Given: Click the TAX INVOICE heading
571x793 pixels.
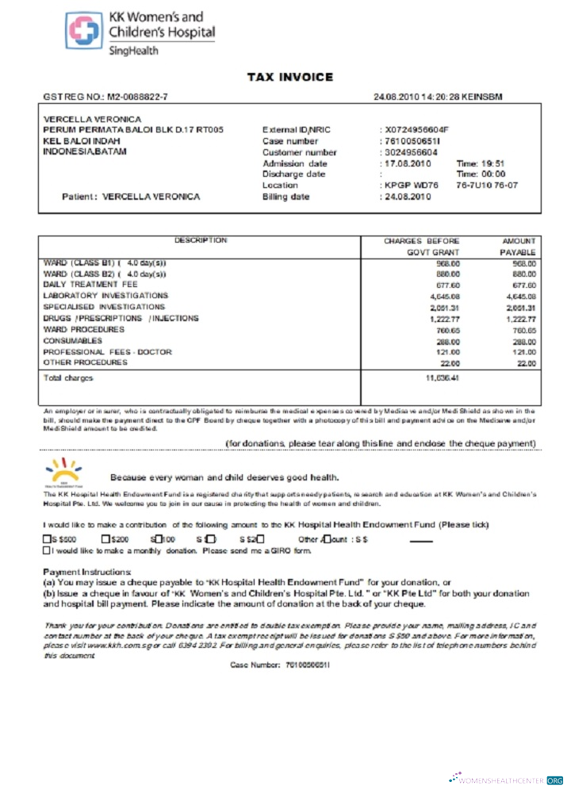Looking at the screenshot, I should (289, 77).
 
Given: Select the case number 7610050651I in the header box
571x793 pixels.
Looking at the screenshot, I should (412, 141).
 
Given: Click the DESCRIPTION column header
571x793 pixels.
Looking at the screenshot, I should (201, 240).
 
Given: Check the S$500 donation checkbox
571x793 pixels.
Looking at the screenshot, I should (46, 539).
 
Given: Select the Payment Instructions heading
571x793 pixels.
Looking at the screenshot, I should (86, 572).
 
